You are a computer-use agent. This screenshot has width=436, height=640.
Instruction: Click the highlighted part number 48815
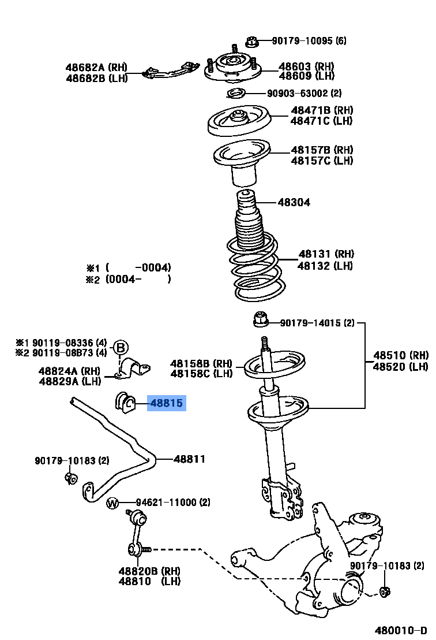click(x=166, y=403)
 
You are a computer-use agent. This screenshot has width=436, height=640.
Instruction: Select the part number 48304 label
click(x=294, y=202)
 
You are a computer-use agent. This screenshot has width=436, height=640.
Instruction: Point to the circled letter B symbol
click(x=120, y=348)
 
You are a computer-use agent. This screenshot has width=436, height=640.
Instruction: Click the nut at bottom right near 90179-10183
click(x=386, y=591)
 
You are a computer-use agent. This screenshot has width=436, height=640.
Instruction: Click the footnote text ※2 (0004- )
click(x=129, y=279)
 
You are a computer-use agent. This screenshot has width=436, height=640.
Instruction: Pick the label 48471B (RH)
click(x=321, y=110)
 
